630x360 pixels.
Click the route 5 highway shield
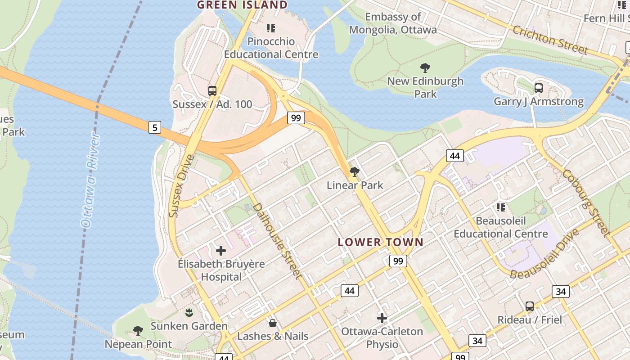click(x=154, y=127)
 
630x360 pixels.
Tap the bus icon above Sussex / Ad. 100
click(x=212, y=91)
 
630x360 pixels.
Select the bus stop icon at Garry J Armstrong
click(x=538, y=88)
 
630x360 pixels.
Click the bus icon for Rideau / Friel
click(x=530, y=306)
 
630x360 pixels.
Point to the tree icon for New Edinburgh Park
click(x=425, y=68)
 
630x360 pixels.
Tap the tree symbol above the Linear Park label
click(x=355, y=171)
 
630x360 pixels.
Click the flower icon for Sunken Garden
click(x=189, y=312)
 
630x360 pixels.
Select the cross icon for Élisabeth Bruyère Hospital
click(x=221, y=251)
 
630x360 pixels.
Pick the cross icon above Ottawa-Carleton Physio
click(x=382, y=318)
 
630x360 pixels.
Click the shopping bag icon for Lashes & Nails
click(x=272, y=323)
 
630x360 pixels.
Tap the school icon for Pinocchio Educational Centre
click(x=271, y=28)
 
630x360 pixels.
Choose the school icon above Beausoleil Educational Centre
click(x=500, y=207)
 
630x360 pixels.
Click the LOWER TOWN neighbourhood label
click(x=381, y=242)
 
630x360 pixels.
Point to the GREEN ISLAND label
click(x=243, y=5)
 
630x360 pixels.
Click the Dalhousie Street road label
click(x=276, y=241)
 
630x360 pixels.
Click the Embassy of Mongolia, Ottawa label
click(x=393, y=23)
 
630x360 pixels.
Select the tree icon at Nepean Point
click(x=138, y=331)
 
